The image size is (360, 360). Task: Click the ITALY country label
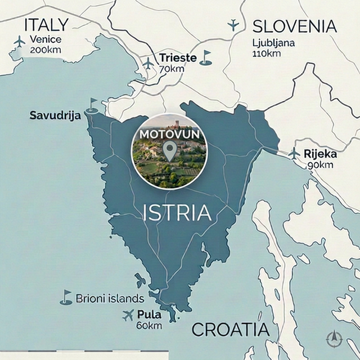(46, 24)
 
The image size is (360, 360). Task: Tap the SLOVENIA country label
(294, 26)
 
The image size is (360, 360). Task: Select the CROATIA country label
(230, 330)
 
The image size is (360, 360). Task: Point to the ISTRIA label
(177, 213)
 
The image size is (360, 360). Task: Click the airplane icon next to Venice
(20, 42)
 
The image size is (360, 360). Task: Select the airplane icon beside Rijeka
(294, 153)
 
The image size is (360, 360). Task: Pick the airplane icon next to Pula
(128, 315)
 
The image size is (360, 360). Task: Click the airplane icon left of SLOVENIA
(233, 25)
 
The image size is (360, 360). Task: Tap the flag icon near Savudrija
(92, 105)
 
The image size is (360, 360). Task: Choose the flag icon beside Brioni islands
(66, 297)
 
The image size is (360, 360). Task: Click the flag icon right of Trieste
(206, 57)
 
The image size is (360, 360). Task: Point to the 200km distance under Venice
(46, 49)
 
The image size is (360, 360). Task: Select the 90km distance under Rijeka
(320, 165)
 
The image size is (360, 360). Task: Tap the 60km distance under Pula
(148, 326)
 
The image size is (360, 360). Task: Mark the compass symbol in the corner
(335, 339)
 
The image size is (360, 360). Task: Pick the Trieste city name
(177, 57)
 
